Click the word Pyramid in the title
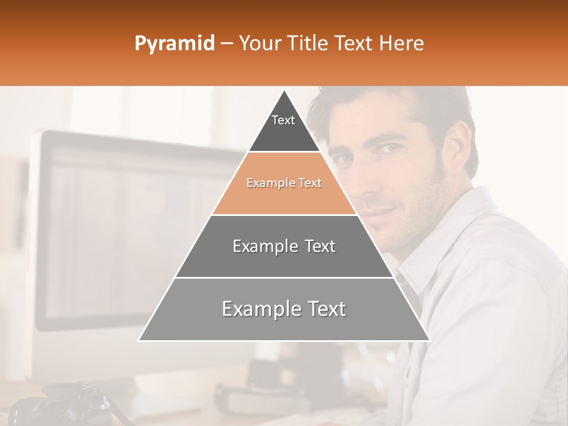(x=175, y=44)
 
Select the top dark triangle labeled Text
(x=284, y=127)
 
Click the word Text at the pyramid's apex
(x=283, y=120)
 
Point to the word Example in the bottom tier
(x=254, y=309)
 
